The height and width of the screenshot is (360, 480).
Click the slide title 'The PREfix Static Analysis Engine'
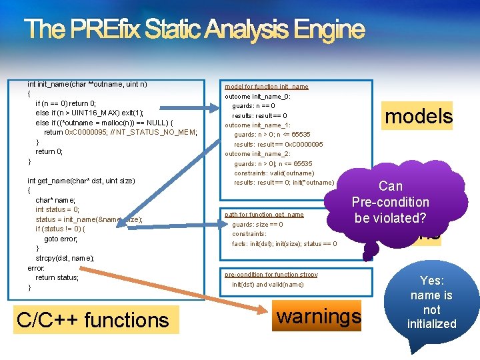[194, 29]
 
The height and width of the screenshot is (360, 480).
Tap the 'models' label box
[419, 116]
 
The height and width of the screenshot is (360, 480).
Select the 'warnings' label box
[319, 315]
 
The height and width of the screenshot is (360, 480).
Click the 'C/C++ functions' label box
[93, 320]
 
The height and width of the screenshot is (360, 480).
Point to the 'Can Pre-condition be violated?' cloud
[391, 202]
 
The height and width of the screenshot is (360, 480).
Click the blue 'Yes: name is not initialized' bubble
[431, 303]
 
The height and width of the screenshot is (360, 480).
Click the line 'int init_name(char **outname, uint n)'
[87, 84]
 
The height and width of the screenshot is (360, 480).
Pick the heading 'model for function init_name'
[266, 87]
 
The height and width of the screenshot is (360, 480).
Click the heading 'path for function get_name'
[264, 215]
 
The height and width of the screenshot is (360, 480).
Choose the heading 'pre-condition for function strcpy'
[271, 275]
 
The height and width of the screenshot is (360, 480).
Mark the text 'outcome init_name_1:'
[257, 125]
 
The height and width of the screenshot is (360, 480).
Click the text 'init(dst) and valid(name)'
[267, 285]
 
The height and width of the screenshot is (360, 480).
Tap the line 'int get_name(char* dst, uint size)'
[81, 181]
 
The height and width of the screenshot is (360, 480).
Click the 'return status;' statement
[57, 277]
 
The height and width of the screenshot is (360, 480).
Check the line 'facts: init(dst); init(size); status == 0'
[284, 244]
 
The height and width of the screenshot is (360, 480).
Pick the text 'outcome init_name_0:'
[257, 96]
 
